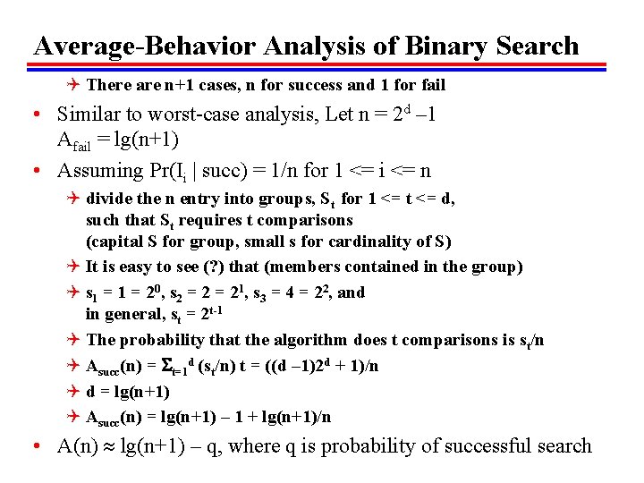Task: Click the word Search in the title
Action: click(x=535, y=46)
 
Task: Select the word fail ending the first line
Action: click(x=430, y=86)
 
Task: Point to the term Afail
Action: click(x=74, y=140)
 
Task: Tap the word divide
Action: click(x=109, y=198)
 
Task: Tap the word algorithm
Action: click(x=312, y=340)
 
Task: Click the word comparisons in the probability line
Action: click(x=439, y=340)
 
